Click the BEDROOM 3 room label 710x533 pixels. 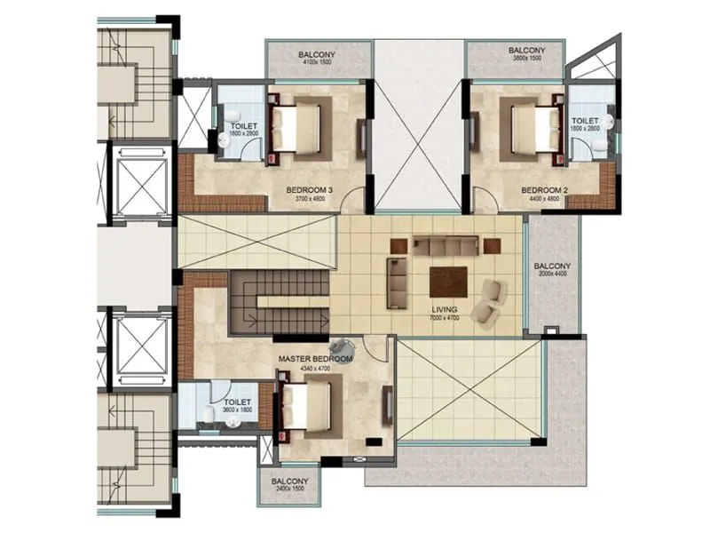click(x=310, y=190)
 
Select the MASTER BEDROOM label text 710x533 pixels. click(x=315, y=359)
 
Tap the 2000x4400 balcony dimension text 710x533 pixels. click(x=553, y=275)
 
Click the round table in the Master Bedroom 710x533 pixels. click(x=340, y=349)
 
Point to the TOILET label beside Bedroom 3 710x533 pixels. click(x=243, y=127)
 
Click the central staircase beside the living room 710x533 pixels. click(x=278, y=301)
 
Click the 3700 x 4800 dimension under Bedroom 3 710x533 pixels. click(x=310, y=199)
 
